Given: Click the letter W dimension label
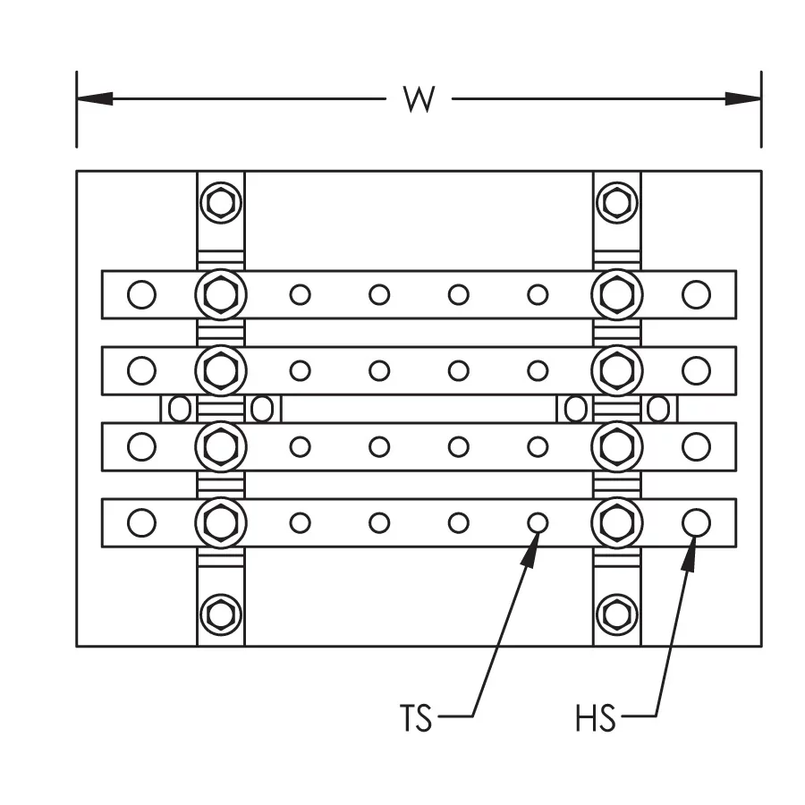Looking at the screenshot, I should click(x=419, y=99).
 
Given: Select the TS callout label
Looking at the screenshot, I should click(x=415, y=718).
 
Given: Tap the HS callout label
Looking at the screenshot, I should click(x=597, y=718).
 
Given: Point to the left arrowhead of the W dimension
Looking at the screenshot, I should click(x=95, y=98).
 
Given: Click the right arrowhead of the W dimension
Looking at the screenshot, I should click(x=742, y=98).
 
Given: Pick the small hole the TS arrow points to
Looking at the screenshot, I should click(x=538, y=521).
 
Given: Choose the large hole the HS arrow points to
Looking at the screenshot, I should click(x=696, y=521).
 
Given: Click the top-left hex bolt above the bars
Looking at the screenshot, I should click(x=220, y=203).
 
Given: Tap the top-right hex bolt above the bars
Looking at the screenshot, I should click(x=616, y=203).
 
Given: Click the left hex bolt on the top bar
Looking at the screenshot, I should click(x=220, y=293).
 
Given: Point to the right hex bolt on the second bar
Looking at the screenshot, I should click(x=616, y=369).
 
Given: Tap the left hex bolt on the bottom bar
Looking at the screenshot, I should click(x=220, y=521).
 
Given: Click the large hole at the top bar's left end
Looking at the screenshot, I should click(x=140, y=293).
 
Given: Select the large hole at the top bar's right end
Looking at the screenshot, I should click(x=696, y=293).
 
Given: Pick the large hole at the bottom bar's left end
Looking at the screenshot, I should click(x=140, y=521).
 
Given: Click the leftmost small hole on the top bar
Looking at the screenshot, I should click(x=301, y=293).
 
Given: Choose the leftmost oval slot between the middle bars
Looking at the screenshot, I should click(x=180, y=409).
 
